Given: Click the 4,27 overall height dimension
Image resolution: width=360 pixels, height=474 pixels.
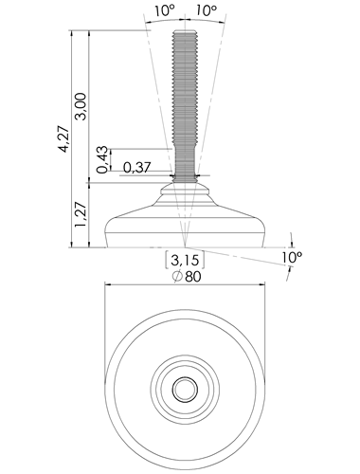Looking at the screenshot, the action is pyautogui.click(x=64, y=139).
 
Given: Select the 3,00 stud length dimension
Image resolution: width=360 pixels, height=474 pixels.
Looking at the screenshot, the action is pyautogui.click(x=81, y=106).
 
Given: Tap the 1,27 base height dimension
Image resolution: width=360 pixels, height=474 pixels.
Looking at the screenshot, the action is pyautogui.click(x=81, y=214).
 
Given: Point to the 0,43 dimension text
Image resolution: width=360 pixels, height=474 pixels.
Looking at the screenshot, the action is pyautogui.click(x=103, y=159).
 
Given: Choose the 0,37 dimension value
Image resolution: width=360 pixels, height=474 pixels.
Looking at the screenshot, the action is pyautogui.click(x=137, y=168).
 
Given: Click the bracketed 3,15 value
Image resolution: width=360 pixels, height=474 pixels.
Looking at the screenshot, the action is pyautogui.click(x=185, y=260).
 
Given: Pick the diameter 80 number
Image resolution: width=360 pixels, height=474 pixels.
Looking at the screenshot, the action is pyautogui.click(x=192, y=277).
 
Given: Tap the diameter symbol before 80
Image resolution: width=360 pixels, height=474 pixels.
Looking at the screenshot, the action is pyautogui.click(x=177, y=277).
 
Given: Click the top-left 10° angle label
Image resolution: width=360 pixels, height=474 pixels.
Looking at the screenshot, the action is pyautogui.click(x=165, y=10).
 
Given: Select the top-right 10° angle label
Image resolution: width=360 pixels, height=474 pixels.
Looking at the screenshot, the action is pyautogui.click(x=207, y=10).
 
